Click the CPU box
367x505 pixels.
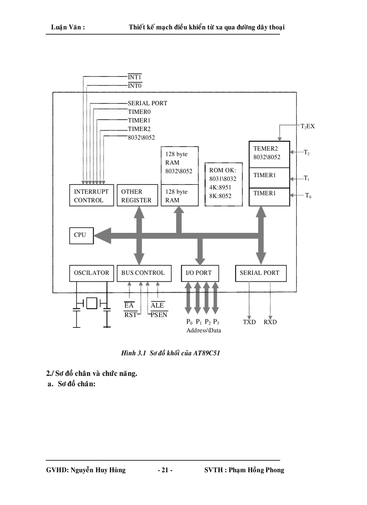pos(81,235)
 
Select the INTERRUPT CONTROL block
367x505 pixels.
pos(91,196)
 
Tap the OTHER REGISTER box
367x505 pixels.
pos(136,196)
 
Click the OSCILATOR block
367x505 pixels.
pos(91,273)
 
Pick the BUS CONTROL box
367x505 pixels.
pos(143,273)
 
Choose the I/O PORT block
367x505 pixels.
pos(199,273)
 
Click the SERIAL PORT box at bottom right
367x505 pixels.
pos(260,273)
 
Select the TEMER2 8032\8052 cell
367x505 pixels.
pos(269,153)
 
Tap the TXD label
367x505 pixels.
pos(249,322)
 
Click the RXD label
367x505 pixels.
pos(270,322)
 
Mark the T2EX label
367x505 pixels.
pos(308,126)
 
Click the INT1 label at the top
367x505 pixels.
pos(135,77)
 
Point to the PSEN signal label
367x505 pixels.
pos(159,314)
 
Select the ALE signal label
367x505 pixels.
pos(157,305)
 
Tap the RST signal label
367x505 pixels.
pos(130,314)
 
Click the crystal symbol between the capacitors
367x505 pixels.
pos(92,304)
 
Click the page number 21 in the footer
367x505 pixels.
pos(165,470)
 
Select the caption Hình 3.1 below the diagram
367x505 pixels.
pos(170,353)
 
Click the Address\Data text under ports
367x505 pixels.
pos(203,330)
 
